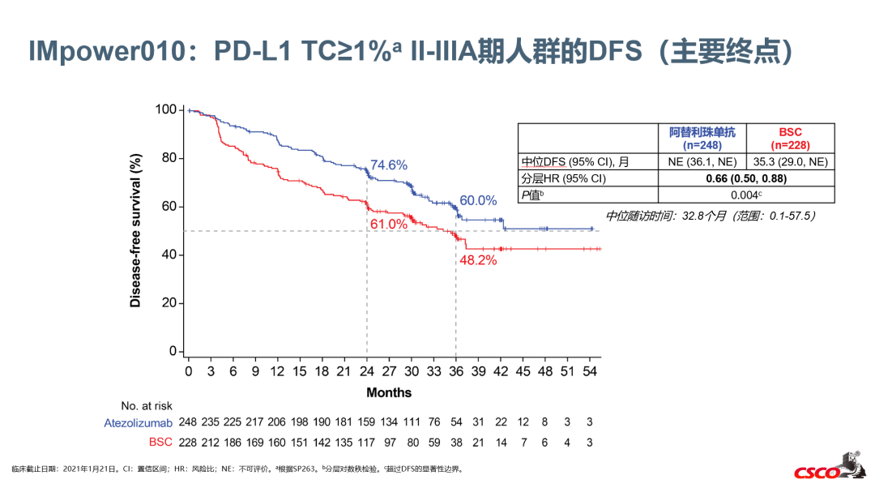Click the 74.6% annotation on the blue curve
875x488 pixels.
pos(389,165)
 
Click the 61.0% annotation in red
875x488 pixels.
pos(388,224)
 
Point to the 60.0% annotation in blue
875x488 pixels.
pos(478,200)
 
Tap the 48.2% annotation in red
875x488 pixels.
pos(478,260)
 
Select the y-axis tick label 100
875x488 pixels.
pos(166,109)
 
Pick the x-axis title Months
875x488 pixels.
pos(389,392)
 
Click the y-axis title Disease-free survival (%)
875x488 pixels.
pos(135,230)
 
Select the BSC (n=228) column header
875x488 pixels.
pos(790,138)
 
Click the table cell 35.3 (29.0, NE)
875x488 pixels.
pos(790,162)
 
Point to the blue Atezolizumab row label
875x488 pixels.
pos(139,422)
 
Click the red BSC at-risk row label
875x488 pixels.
pos(160,442)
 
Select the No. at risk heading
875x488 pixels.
pos(147,405)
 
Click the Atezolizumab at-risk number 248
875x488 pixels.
pos(189,422)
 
